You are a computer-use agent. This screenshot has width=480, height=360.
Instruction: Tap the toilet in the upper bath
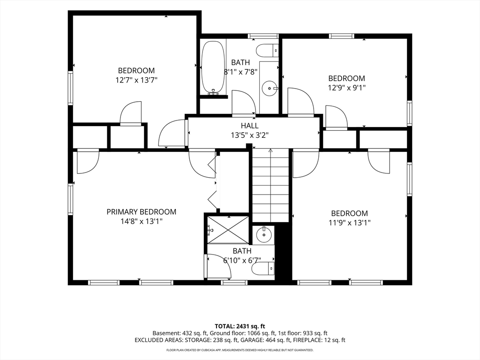click(x=267, y=50)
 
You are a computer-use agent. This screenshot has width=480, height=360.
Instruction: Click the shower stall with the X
click(x=228, y=230)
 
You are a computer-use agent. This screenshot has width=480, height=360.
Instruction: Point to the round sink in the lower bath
click(x=263, y=235)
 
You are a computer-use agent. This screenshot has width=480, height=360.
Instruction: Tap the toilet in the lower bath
click(x=263, y=269)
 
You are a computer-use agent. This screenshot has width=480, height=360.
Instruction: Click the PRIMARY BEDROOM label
click(x=142, y=211)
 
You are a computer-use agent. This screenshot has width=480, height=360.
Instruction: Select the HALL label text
click(x=249, y=126)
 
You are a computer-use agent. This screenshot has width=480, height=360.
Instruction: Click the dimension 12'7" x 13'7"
click(x=136, y=80)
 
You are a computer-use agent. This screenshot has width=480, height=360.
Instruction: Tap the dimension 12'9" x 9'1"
click(x=347, y=88)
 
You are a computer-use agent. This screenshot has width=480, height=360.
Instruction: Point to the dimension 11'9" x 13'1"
click(x=350, y=223)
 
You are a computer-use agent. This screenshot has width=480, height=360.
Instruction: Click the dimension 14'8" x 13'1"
click(x=142, y=221)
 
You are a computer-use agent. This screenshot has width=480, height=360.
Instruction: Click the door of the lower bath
click(x=219, y=266)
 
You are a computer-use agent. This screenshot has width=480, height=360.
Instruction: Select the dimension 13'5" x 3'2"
click(x=250, y=135)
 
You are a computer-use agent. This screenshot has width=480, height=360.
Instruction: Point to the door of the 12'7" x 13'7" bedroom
click(x=131, y=113)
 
